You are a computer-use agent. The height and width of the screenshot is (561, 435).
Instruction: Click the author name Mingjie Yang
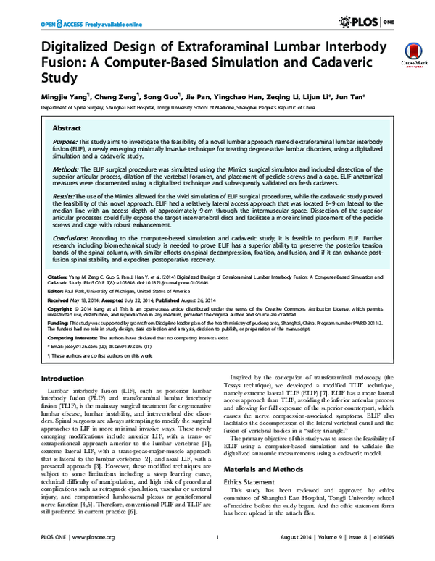tap(66, 95)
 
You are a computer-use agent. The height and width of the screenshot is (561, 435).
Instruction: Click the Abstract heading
tap(66, 127)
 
